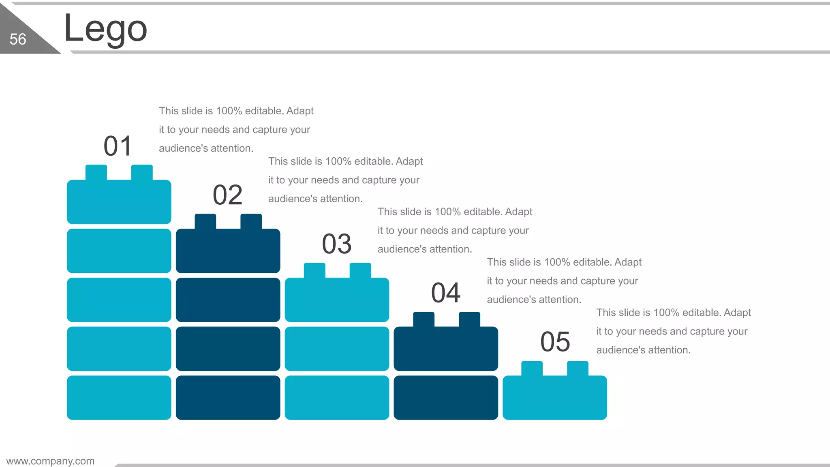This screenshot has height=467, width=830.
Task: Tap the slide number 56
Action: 18,39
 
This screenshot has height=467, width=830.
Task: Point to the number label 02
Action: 227,195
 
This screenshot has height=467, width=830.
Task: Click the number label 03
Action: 336,244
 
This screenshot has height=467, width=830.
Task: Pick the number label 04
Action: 446,293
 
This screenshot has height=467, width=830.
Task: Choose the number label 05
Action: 555,342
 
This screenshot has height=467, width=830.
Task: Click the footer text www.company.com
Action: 50,461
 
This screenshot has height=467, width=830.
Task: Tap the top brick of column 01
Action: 119,201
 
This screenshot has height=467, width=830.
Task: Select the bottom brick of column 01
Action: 119,397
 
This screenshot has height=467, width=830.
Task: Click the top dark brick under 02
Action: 228,251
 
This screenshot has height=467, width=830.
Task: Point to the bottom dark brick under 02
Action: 228,397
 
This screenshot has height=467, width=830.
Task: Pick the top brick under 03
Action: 337,300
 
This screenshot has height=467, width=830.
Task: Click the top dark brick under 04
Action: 446,349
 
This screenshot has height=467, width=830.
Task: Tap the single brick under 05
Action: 554,397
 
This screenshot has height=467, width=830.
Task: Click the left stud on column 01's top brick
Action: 96,172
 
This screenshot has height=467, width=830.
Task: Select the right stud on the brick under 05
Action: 578,368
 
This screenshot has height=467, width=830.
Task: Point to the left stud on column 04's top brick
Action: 424,319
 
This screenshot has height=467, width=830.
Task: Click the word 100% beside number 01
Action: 229,111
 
